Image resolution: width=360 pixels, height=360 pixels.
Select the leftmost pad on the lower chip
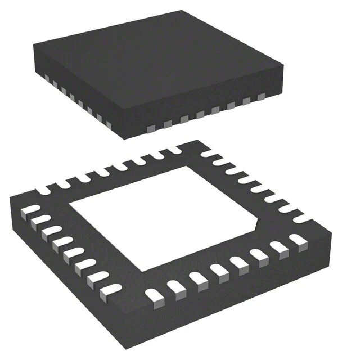tap(25, 211)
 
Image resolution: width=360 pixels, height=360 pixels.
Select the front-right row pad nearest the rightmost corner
tap(298, 241)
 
